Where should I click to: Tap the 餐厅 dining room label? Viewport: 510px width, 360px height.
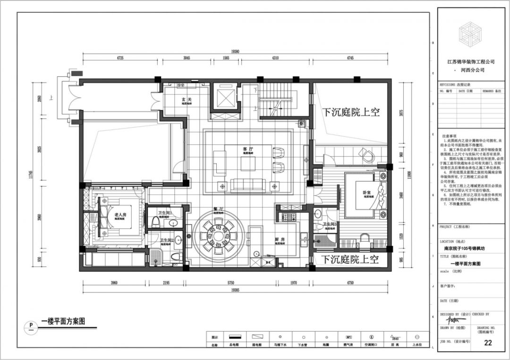pyautogui.click(x=218, y=208)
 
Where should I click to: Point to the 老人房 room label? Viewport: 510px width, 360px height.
pyautogui.click(x=120, y=215)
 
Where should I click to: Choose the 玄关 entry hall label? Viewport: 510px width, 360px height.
pyautogui.click(x=187, y=100)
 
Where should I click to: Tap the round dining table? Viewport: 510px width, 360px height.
pyautogui.click(x=218, y=234)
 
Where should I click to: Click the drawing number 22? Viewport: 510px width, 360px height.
pyautogui.click(x=488, y=343)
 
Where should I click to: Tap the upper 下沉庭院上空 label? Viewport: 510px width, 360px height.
pyautogui.click(x=351, y=112)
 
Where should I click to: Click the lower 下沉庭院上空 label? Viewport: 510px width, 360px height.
pyautogui.click(x=351, y=259)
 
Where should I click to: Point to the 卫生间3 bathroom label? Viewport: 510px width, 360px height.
pyautogui.click(x=330, y=224)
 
